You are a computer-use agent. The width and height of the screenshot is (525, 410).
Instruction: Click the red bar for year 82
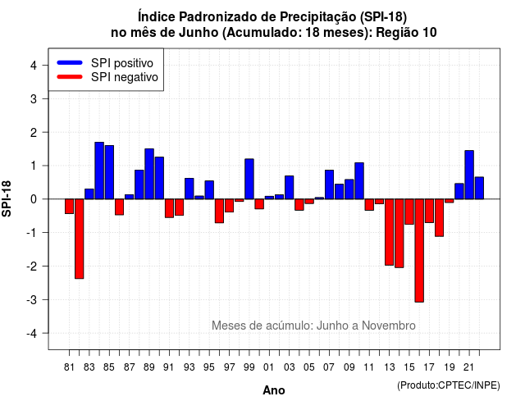click(80, 239)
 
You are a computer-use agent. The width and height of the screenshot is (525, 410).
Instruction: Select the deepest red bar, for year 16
click(419, 250)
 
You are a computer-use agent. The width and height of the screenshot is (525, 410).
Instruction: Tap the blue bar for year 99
click(249, 179)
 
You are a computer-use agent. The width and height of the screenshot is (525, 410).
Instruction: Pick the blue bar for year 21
click(469, 175)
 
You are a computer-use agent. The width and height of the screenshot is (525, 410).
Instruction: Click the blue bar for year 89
click(149, 174)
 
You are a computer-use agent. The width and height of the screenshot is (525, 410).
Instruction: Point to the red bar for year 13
click(389, 232)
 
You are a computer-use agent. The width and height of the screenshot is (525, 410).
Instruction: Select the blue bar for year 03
click(290, 188)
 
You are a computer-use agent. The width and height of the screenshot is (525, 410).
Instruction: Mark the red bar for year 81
click(69, 206)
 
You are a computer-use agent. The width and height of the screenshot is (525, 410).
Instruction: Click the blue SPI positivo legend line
click(70, 62)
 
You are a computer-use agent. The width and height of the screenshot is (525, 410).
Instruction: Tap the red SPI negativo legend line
click(70, 77)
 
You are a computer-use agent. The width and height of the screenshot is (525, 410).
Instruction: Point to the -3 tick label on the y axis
click(32, 300)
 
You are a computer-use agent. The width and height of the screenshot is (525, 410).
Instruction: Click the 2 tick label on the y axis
click(34, 133)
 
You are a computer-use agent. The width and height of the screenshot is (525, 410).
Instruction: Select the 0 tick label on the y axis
click(34, 199)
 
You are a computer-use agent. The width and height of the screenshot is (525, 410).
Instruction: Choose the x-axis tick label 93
click(189, 367)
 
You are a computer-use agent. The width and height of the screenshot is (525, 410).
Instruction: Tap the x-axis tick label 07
click(329, 367)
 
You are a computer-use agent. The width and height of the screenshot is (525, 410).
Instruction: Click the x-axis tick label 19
click(450, 367)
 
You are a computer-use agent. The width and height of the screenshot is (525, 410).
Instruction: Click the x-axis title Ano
click(274, 390)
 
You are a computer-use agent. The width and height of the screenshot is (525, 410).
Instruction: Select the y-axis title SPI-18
click(7, 199)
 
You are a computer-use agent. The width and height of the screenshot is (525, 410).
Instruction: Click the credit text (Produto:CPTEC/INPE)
click(449, 385)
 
